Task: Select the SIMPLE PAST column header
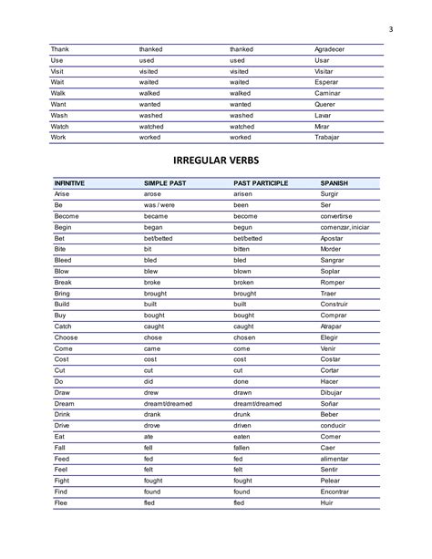165,183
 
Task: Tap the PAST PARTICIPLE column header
261,183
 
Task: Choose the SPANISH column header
334,183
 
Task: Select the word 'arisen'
243,194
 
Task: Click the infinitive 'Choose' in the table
67,336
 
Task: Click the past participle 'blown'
242,271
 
